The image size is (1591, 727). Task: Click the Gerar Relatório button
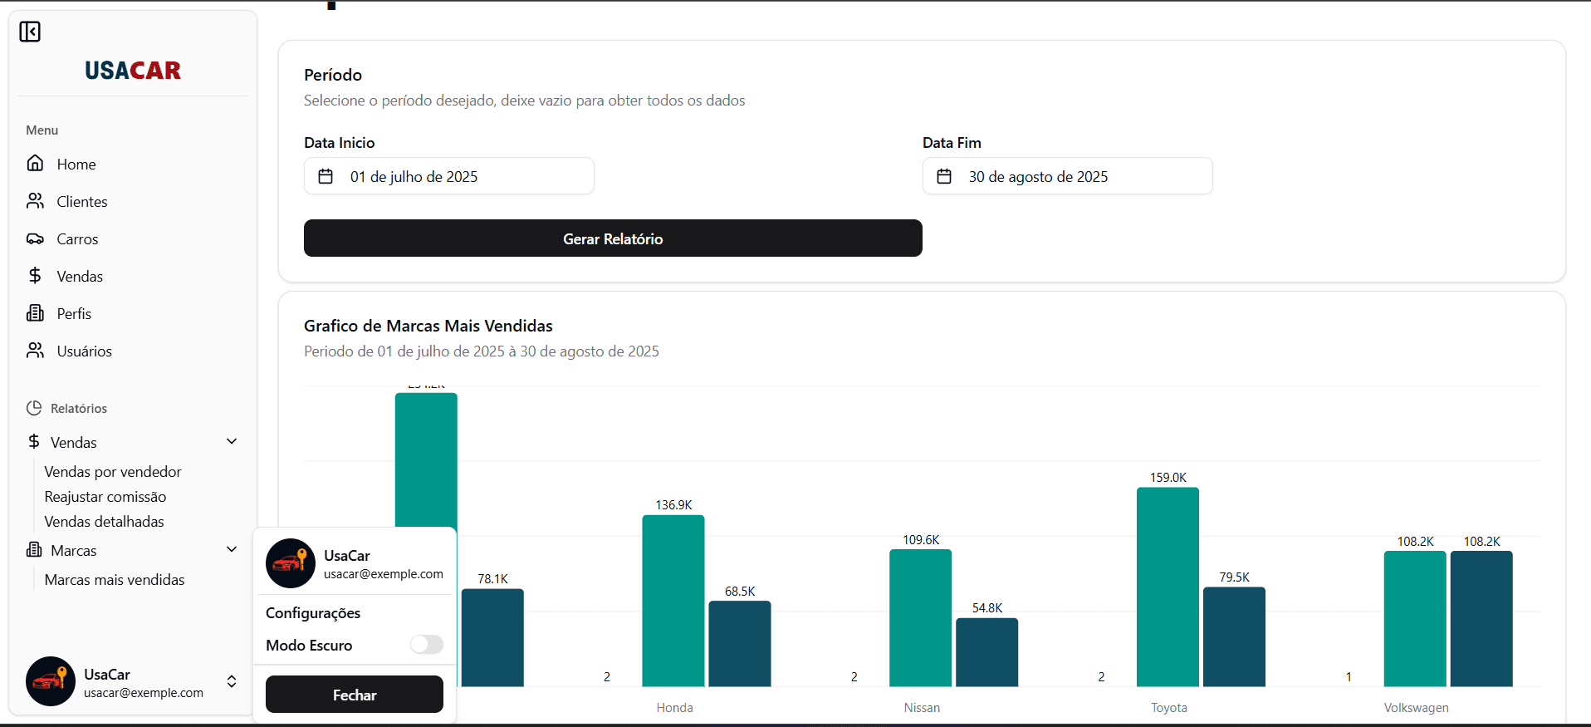(613, 238)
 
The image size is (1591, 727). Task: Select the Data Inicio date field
(448, 176)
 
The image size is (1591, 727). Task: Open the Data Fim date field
(1067, 176)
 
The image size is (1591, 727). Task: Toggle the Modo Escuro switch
(427, 645)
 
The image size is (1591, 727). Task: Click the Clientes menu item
(81, 202)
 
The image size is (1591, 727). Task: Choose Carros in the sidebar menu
(77, 239)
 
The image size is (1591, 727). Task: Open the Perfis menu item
(74, 314)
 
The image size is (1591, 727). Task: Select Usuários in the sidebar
(84, 351)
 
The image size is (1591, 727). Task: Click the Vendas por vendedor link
(113, 472)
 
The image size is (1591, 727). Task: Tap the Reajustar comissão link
(105, 497)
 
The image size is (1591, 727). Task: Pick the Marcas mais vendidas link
(115, 580)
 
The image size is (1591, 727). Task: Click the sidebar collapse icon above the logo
(30, 32)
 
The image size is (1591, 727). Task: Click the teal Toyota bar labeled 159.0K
(1168, 587)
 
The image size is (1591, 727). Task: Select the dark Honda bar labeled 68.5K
(739, 643)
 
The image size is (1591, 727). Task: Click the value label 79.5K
(1234, 577)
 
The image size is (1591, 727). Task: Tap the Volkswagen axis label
(1416, 708)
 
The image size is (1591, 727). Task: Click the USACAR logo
(133, 71)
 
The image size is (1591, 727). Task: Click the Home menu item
(76, 165)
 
